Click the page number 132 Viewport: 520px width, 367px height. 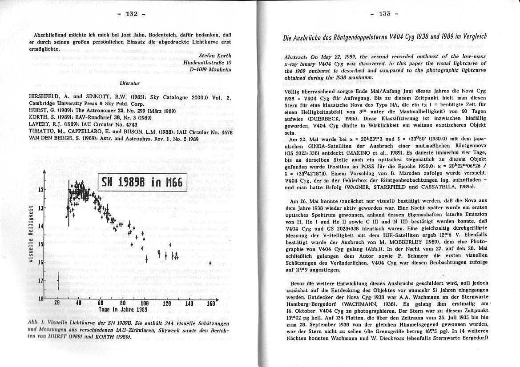coord(131,14)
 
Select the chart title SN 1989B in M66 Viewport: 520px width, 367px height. coord(142,182)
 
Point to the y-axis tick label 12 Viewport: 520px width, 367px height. coord(40,189)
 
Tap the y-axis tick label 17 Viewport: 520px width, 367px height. coord(40,281)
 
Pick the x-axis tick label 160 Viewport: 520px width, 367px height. coord(210,303)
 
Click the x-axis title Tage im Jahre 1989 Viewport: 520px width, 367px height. coord(122,309)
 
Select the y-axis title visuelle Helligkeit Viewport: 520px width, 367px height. coord(30,234)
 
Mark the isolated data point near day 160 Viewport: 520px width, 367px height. coord(210,264)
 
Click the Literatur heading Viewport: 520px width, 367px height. coord(130,83)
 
